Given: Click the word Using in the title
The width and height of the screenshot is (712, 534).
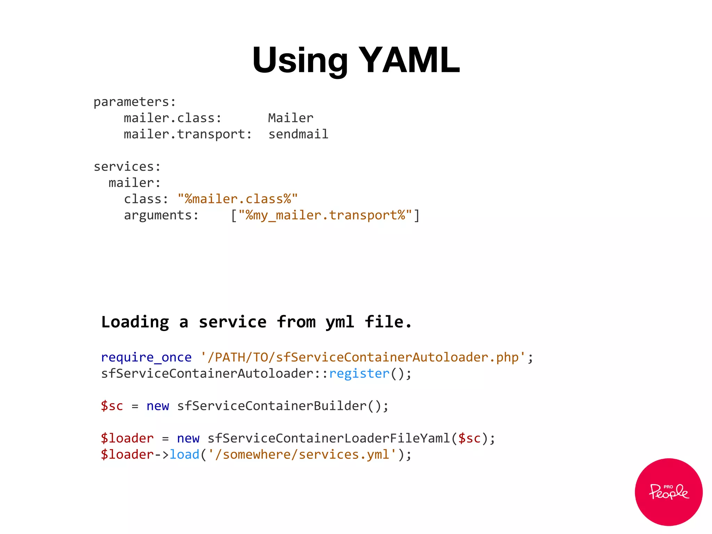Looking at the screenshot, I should coord(300,61).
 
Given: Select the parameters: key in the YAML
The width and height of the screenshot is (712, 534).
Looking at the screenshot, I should coord(135,102).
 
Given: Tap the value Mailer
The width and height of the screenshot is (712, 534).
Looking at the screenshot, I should coord(291,118).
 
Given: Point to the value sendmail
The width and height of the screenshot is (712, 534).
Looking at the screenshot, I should coord(298,134).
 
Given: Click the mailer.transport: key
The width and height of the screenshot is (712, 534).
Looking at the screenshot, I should coord(188,134).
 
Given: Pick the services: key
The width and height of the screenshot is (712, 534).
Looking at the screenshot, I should coord(127,167).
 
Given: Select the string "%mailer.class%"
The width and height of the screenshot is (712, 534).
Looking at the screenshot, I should coord(238,199).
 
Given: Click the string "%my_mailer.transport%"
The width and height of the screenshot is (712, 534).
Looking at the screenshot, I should coord(325,215).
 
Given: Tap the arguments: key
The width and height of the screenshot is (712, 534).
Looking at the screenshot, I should coord(161,215).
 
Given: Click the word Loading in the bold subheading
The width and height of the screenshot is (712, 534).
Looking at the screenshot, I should coord(135,322).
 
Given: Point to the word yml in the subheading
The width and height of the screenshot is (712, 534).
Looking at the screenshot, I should coord(340,322).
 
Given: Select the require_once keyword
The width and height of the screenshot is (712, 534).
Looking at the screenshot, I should coord(146,357).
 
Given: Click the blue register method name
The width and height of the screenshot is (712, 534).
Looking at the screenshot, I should coord(359,373).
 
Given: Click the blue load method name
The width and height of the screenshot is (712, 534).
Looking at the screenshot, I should coord(184,454).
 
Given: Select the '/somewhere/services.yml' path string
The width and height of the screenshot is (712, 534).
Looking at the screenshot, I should coord(302,454).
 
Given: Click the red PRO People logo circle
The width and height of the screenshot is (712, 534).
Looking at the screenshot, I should coord(669,492).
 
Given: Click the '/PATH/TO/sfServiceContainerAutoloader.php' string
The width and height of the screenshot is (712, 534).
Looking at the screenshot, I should coord(363,357).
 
